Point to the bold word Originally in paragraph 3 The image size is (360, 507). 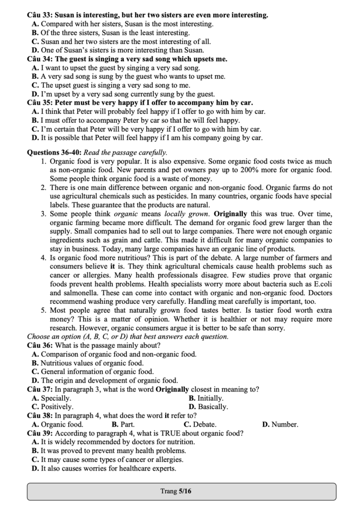pos(231,214)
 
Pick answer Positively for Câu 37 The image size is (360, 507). pos(57,407)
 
